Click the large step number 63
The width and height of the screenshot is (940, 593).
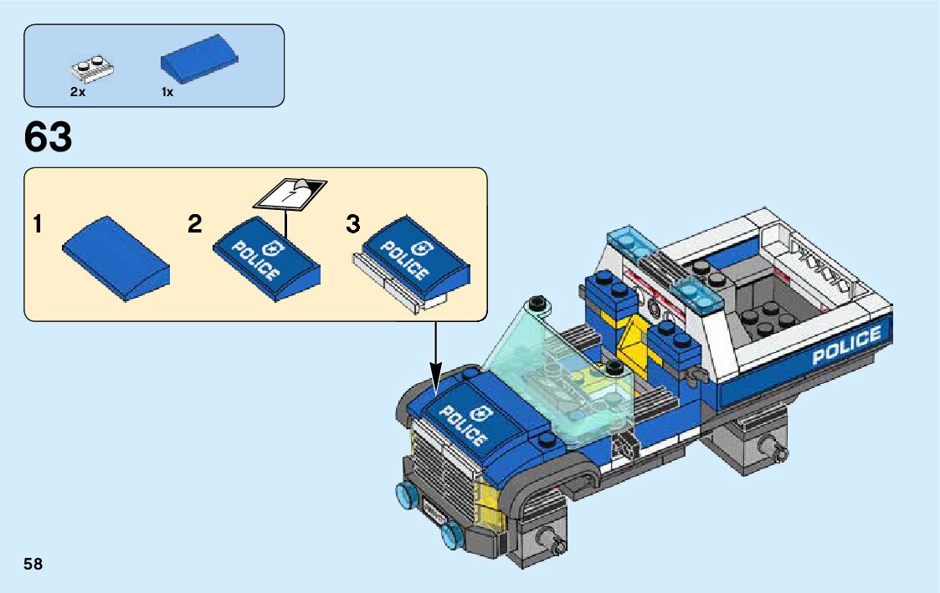(49, 138)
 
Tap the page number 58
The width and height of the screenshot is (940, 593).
(33, 564)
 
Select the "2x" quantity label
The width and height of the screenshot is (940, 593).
(78, 93)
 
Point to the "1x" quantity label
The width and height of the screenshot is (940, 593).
(167, 93)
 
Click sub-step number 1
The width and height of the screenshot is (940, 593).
(37, 224)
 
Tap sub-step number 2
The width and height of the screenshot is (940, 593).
(194, 224)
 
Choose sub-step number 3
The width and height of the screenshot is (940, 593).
(353, 224)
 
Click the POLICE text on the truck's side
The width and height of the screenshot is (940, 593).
(846, 345)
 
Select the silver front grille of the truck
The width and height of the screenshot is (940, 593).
(444, 477)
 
